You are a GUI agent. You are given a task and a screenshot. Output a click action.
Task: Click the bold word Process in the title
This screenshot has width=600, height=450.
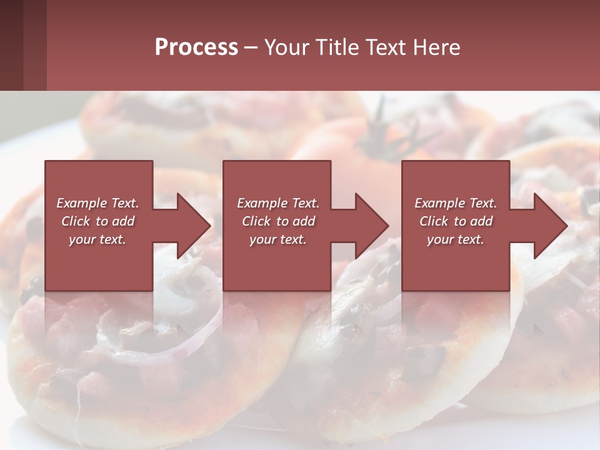(196, 47)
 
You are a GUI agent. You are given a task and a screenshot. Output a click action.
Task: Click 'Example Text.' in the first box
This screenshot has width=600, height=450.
(98, 203)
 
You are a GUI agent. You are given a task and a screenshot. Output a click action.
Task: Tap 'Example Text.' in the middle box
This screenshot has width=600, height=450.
(277, 203)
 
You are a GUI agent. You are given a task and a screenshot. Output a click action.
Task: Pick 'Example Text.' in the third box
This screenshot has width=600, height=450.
(456, 203)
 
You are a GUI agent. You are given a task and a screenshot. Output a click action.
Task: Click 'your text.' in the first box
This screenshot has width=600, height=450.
(97, 239)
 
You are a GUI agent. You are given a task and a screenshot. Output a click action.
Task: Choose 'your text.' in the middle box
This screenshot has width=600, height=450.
(277, 239)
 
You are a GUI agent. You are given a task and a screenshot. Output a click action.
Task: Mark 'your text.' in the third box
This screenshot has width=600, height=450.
(456, 239)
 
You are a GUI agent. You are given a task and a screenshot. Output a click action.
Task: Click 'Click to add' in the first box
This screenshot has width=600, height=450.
(98, 221)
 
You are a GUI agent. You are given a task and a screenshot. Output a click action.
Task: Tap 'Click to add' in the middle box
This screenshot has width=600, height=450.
(278, 221)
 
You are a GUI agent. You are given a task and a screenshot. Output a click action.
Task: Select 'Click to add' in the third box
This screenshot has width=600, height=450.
(456, 221)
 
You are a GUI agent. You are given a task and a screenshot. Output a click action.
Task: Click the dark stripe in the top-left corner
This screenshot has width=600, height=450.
(11, 45)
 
